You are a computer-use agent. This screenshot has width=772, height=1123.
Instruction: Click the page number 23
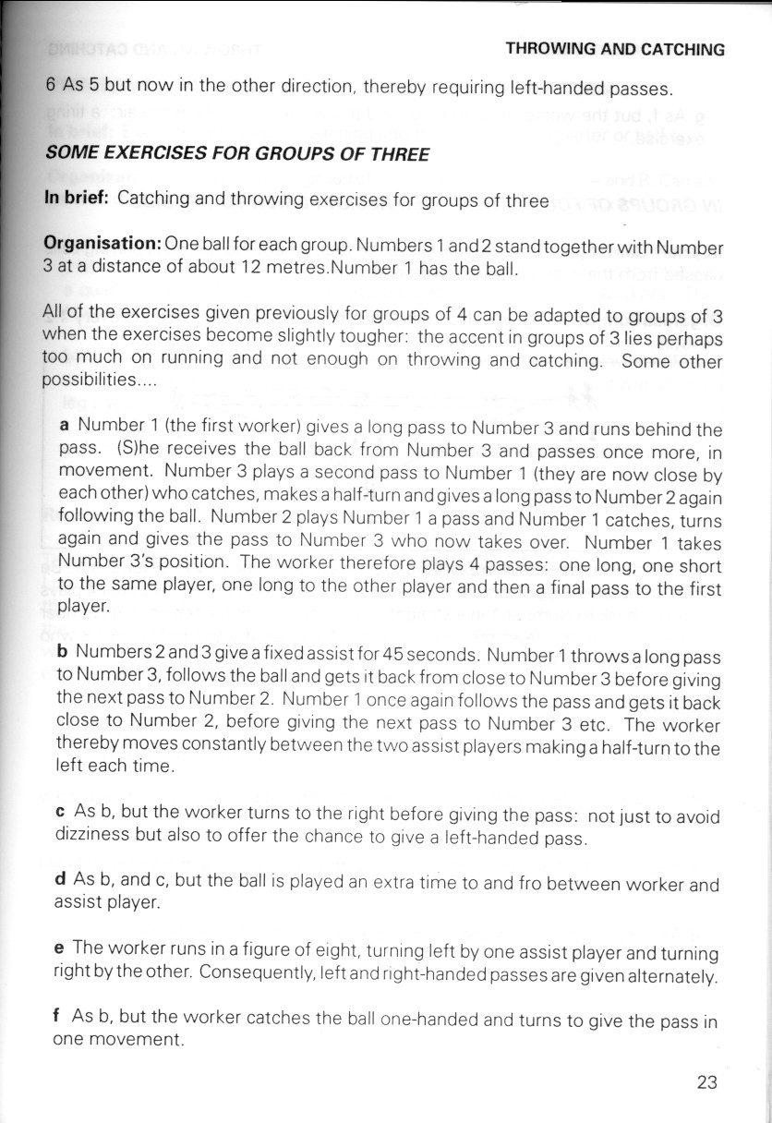tap(706, 1081)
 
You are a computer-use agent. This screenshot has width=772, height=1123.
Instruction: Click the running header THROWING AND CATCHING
tap(616, 50)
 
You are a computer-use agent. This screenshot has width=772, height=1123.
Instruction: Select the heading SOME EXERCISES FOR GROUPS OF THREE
tap(237, 154)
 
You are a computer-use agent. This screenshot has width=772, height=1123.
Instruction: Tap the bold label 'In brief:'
tap(78, 200)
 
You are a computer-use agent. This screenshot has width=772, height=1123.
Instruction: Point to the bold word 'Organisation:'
tap(103, 247)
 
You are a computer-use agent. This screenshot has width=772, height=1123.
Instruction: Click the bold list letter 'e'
tap(61, 948)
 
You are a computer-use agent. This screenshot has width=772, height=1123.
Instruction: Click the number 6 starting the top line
tap(51, 88)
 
